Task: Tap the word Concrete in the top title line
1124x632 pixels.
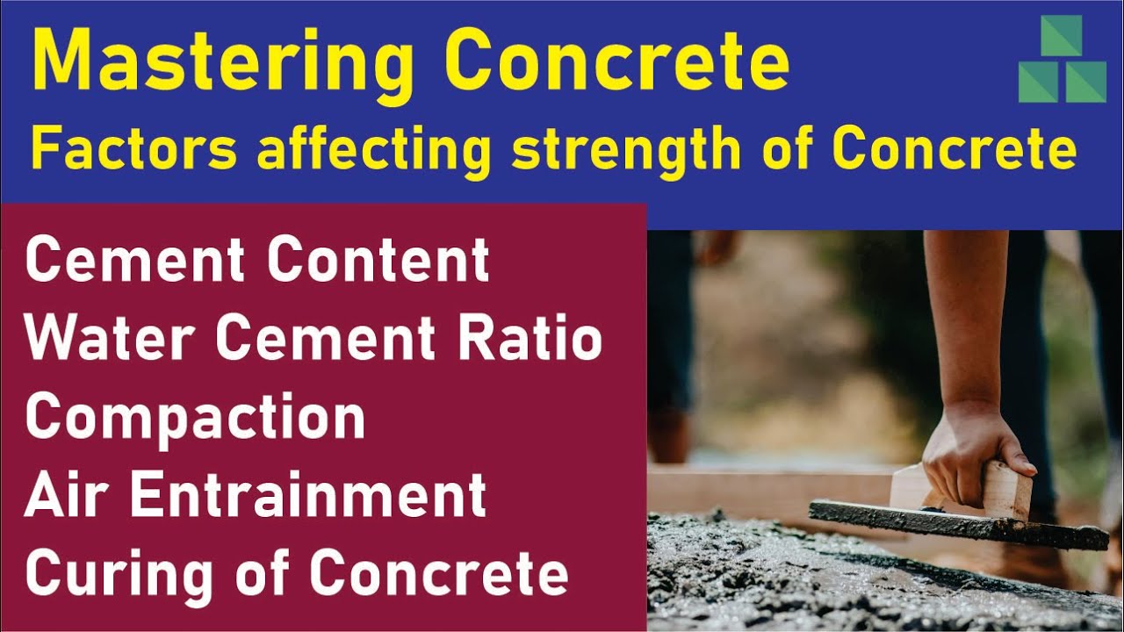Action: [x=615, y=61]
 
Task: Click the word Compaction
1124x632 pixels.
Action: [x=195, y=418]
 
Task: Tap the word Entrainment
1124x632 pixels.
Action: [x=308, y=494]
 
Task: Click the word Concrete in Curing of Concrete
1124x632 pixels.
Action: [x=439, y=572]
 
